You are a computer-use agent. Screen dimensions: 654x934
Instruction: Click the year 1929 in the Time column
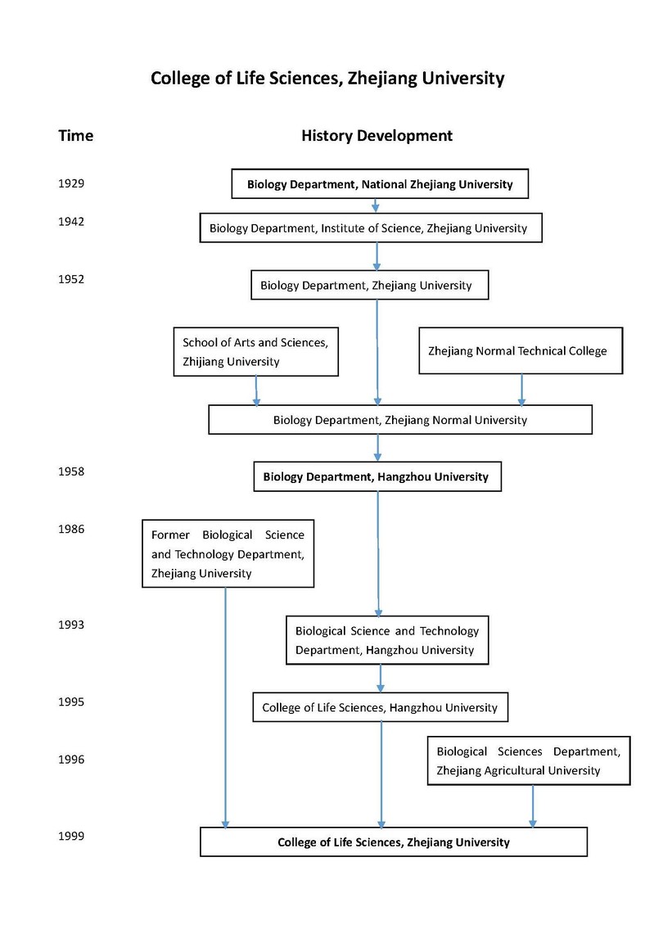[71, 183]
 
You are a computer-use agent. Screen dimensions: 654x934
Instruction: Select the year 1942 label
[71, 222]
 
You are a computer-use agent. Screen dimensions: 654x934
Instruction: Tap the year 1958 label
[71, 472]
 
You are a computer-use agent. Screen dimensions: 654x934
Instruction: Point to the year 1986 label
[71, 529]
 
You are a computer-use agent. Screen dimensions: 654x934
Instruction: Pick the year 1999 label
[71, 837]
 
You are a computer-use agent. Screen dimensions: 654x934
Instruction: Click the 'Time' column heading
[75, 136]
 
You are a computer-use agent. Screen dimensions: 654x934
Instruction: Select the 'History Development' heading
[377, 136]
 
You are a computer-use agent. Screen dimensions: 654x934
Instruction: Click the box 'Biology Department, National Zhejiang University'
[380, 183]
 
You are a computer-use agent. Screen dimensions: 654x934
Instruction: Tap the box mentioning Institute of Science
[371, 228]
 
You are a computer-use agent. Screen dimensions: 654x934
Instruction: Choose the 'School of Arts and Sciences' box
[256, 351]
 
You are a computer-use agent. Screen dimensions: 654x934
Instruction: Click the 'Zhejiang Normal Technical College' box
[521, 351]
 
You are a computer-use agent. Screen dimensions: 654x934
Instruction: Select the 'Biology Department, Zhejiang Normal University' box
[400, 420]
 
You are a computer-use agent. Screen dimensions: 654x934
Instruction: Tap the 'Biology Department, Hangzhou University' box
[377, 476]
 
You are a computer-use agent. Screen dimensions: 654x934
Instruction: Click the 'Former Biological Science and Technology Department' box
[228, 554]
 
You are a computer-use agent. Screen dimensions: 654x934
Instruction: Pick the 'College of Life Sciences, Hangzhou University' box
[381, 707]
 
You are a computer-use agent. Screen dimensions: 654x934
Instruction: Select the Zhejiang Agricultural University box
[529, 760]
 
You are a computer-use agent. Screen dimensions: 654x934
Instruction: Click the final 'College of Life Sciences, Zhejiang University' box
[394, 842]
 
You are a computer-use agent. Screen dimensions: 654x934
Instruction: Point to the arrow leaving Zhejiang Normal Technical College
[521, 390]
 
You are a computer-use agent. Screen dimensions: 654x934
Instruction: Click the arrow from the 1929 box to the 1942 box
[375, 205]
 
